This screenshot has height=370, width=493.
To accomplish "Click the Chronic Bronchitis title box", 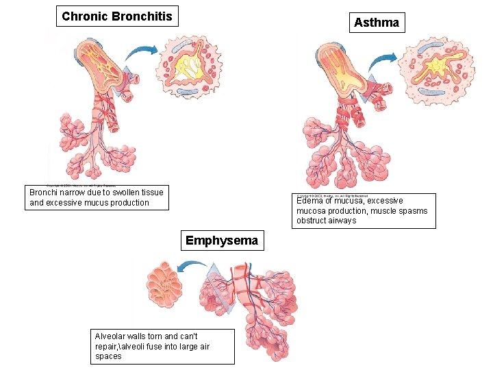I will (x=117, y=16).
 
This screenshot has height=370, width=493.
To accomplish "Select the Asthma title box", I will (x=376, y=23).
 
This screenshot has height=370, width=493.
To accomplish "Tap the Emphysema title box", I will (x=222, y=241).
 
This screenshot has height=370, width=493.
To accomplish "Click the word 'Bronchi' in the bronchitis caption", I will (x=45, y=193).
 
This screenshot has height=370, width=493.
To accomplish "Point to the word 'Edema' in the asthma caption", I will (x=310, y=201).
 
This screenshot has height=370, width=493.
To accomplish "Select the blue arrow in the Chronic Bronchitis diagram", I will (x=142, y=51).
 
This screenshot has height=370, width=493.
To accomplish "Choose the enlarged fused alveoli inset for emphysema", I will (x=165, y=283).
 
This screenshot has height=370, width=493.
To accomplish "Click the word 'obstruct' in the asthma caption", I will (x=312, y=221).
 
